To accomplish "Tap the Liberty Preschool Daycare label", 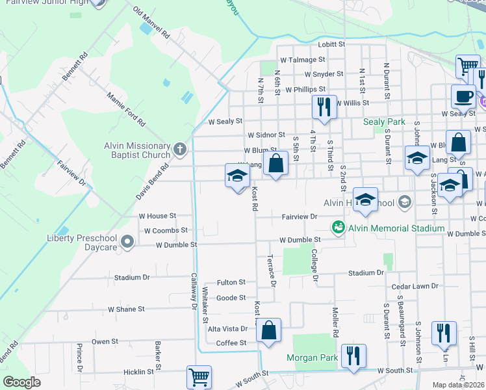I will pos(83,239).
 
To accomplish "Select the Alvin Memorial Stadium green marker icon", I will pos(338,228).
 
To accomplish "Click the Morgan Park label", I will pos(312,358).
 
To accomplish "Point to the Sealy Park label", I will pos(384,122).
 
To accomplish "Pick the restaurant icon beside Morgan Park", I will pos(353,356).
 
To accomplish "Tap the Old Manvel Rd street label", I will pos(151,23).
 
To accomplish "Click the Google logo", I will pos(21,382).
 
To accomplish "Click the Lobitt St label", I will pos(331,44).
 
